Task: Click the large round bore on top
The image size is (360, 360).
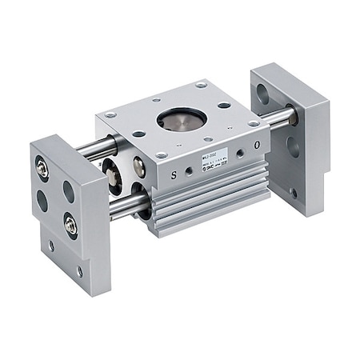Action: [182, 119]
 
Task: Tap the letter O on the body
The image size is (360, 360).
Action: [256, 146]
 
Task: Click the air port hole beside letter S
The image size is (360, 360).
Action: [188, 170]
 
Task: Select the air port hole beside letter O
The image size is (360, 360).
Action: [241, 151]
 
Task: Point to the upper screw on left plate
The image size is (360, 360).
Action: [42, 168]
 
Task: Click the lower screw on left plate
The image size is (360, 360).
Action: [71, 226]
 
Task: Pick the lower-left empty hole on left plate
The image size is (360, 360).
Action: [42, 200]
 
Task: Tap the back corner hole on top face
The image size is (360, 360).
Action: [201, 84]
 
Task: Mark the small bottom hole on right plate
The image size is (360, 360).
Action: [294, 193]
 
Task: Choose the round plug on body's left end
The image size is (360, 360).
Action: [139, 166]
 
